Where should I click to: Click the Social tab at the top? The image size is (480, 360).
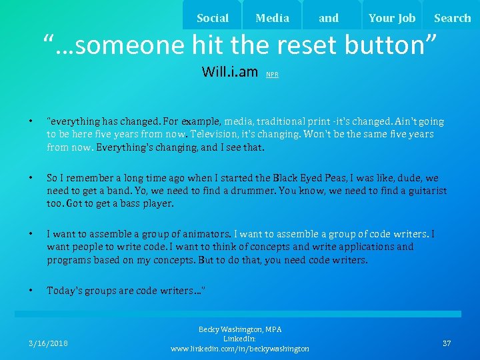213,18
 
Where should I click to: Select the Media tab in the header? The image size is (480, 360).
272,18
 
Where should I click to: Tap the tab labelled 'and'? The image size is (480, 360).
329,18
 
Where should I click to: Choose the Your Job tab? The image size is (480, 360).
391,18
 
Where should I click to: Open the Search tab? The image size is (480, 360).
452,18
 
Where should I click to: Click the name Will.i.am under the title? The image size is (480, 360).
229,71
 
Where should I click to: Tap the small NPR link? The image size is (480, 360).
272,75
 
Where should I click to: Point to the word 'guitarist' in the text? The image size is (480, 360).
423,191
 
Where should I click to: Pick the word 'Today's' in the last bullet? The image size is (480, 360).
65,291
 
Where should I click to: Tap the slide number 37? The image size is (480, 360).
447,343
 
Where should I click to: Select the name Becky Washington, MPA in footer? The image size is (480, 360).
240,329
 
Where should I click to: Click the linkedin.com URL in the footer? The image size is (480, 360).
240,349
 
